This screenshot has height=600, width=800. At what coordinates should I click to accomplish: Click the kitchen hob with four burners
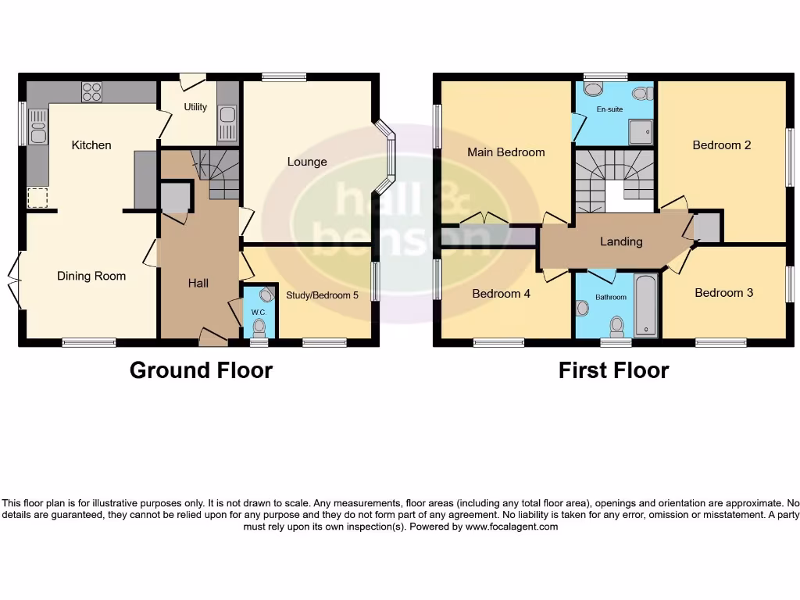(92, 91)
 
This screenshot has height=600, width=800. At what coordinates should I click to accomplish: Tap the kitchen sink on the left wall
(37, 127)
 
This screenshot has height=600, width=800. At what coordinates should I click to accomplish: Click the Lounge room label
(307, 162)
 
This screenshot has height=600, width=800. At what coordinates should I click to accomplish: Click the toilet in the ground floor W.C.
(259, 327)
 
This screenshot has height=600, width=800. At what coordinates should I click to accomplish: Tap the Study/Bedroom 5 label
(322, 295)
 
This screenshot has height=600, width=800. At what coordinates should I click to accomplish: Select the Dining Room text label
(91, 276)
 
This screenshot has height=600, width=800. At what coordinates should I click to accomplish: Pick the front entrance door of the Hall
(212, 337)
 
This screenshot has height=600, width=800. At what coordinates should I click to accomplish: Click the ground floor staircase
(216, 173)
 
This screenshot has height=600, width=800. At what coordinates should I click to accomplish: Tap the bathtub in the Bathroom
(646, 305)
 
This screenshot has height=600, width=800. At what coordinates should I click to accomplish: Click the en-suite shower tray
(640, 132)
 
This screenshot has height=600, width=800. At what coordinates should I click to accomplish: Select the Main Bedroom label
(505, 152)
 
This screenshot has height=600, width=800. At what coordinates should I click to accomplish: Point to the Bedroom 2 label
(721, 145)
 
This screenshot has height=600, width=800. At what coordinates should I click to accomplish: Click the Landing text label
(621, 241)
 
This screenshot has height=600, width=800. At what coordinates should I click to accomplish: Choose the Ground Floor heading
(201, 370)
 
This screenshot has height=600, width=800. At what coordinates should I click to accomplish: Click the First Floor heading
(613, 370)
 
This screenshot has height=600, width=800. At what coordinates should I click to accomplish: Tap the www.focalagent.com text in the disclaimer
(512, 527)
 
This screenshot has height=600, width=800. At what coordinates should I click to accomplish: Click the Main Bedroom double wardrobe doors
(484, 220)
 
